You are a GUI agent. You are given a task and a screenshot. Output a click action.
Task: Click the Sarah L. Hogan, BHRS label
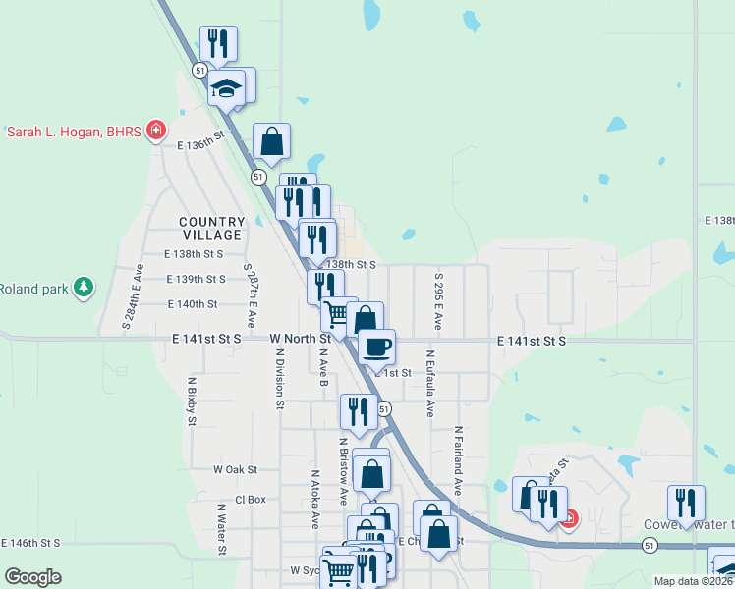click(x=75, y=132)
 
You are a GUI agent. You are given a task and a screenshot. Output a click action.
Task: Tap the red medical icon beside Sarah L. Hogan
click(x=155, y=131)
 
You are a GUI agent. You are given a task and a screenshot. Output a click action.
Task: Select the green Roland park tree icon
click(x=85, y=287)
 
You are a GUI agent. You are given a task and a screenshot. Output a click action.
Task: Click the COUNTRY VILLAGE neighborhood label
click(x=211, y=229)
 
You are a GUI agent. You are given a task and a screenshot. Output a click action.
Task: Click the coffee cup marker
click(x=377, y=347)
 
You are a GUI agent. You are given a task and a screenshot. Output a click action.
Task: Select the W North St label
click(x=300, y=339)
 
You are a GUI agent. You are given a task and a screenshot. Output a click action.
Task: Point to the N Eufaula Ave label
click(x=430, y=383)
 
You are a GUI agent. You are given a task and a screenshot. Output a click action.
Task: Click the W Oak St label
click(x=235, y=470)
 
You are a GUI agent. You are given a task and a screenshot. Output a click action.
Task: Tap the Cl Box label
click(x=251, y=499)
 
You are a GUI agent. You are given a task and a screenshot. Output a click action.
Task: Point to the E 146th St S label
click(x=29, y=542)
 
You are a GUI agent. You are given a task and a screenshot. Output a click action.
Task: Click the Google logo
click(x=33, y=576)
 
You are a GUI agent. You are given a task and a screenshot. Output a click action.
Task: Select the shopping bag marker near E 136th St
click(x=271, y=142)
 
